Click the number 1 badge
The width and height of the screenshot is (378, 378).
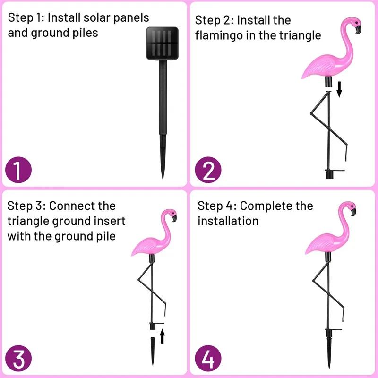[x=18, y=170]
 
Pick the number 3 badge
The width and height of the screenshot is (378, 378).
[x=18, y=358]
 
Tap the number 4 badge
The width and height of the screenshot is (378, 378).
[x=208, y=358]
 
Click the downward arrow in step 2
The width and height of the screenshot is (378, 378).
[x=339, y=88]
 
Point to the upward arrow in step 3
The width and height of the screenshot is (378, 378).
[x=162, y=335]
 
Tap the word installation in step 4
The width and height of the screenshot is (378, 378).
[x=228, y=221]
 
